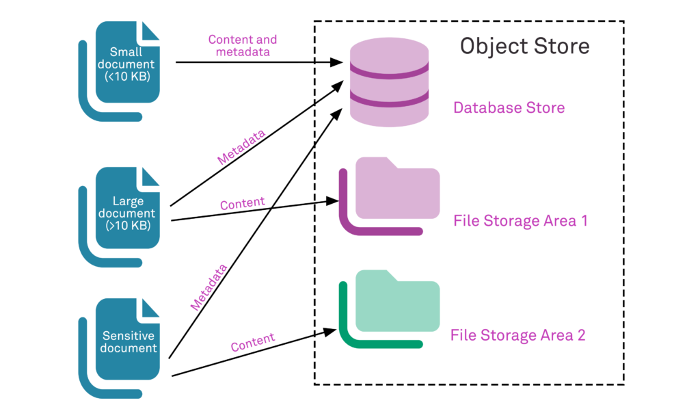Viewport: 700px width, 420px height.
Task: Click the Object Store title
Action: click(x=524, y=46)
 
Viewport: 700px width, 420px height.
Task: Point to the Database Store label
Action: click(x=509, y=107)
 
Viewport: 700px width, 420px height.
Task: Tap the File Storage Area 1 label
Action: click(x=520, y=222)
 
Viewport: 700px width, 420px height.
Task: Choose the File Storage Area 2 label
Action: click(x=517, y=335)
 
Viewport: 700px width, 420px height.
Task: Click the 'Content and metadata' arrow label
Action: click(x=243, y=46)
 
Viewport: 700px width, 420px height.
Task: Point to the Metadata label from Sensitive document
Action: click(x=208, y=288)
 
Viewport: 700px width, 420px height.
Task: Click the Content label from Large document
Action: click(x=242, y=204)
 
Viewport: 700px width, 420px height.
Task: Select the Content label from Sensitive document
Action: click(x=252, y=343)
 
